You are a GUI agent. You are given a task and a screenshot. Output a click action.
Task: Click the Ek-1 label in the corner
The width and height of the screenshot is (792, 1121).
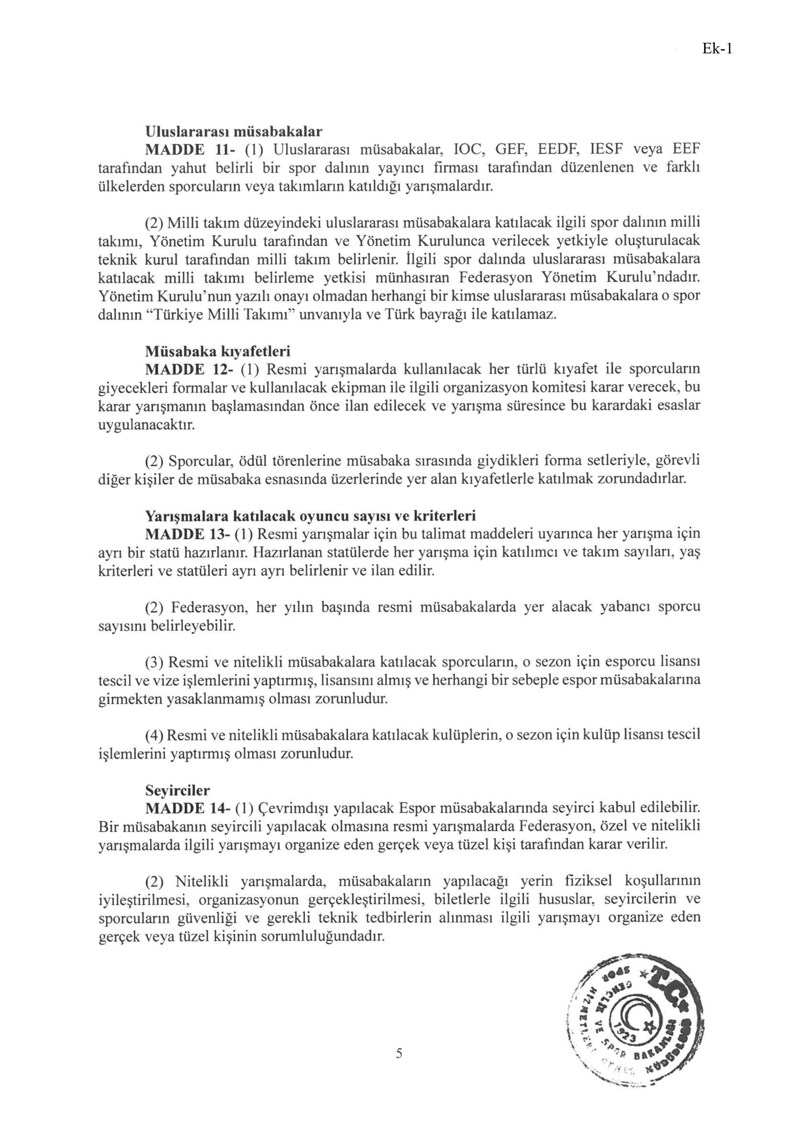pos(717,49)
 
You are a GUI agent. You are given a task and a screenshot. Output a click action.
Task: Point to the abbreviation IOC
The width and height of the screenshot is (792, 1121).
pos(469,150)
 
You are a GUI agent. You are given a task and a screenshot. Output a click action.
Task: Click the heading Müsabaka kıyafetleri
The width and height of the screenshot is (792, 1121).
pos(218,351)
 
